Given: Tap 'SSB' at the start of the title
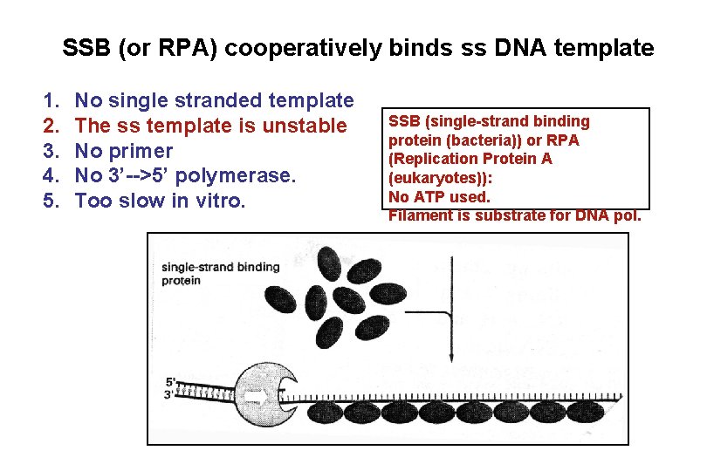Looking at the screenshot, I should tap(84, 48).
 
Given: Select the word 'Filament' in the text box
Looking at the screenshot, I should tap(418, 215).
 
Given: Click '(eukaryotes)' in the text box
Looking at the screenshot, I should tap(435, 178).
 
